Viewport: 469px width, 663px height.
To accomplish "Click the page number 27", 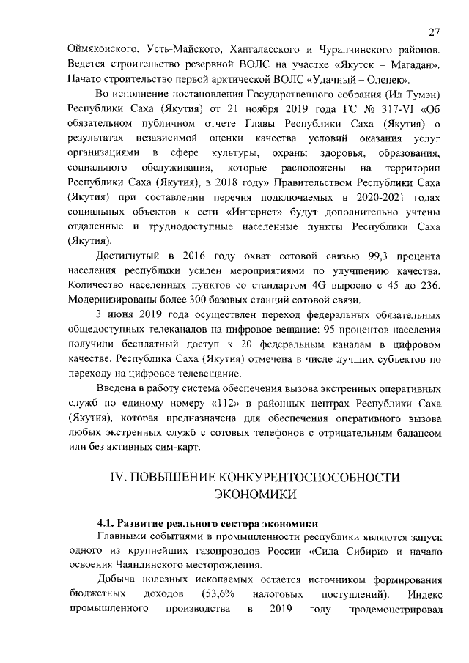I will tap(434, 32).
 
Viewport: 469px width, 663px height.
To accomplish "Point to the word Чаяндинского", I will tap(158, 565).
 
